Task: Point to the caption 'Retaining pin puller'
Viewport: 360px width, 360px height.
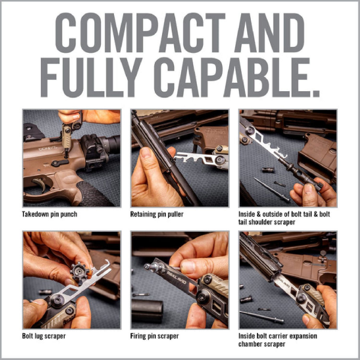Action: pos(157,214)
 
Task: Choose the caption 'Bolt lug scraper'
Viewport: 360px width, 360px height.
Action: pos(44,336)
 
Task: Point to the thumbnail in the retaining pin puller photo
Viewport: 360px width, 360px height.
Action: pos(147,153)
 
